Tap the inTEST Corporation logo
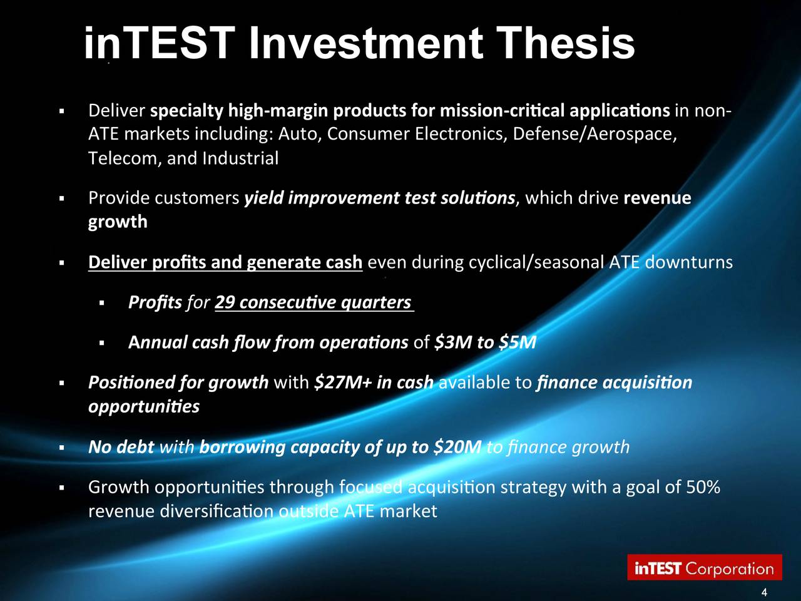pos(705,568)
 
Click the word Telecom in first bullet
pos(125,158)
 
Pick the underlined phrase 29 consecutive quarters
pos(313,302)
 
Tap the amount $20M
pos(457,447)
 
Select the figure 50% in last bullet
pos(704,487)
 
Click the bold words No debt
pos(121,447)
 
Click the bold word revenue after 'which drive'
pos(657,198)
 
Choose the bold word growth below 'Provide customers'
pos(118,222)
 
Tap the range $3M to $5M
pos(485,342)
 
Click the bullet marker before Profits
pos(101,304)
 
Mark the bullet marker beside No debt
pos(61,448)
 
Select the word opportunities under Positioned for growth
pos(144,407)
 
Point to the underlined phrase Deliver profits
pos(148,262)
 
